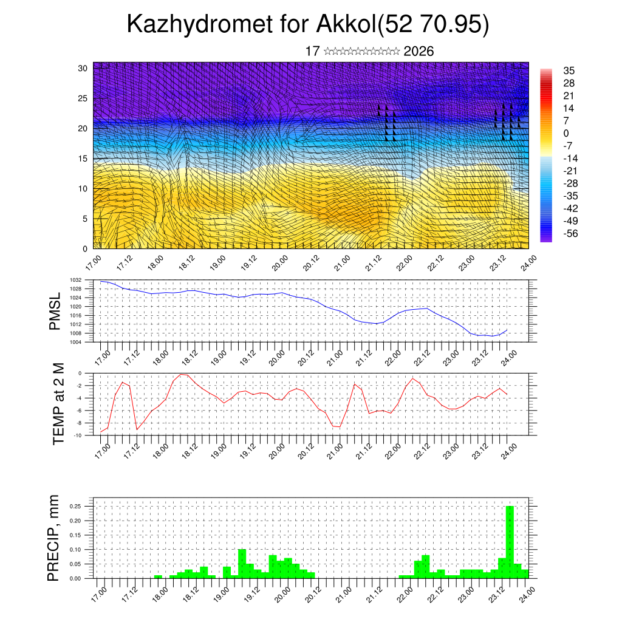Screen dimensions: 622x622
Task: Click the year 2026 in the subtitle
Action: (x=419, y=52)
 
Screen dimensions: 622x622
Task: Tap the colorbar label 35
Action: (x=569, y=70)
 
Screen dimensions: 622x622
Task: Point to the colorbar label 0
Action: (x=567, y=133)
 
